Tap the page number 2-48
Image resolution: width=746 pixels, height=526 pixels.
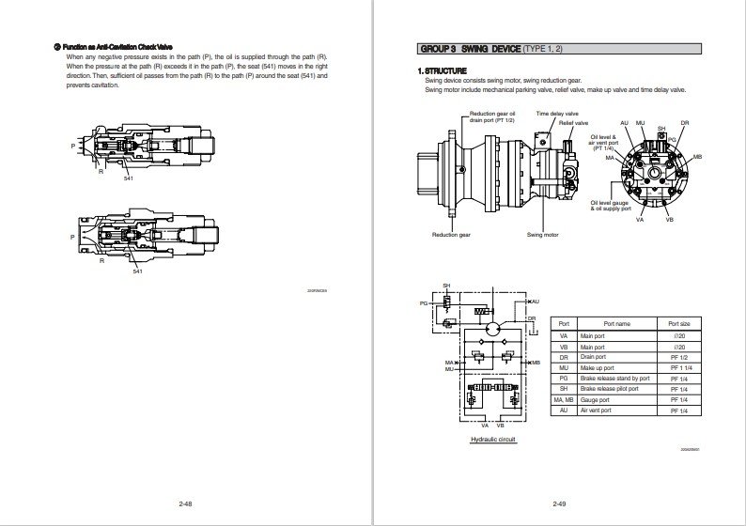point(187,504)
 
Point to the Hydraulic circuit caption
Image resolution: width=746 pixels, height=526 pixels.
point(492,439)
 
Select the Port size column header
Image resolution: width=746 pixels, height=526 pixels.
point(678,323)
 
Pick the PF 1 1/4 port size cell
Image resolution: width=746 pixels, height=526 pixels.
point(678,368)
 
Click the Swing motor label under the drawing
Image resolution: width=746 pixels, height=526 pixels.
point(542,235)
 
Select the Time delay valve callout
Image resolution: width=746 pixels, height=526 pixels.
point(557,113)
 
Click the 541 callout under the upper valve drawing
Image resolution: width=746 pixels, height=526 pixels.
point(129,178)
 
